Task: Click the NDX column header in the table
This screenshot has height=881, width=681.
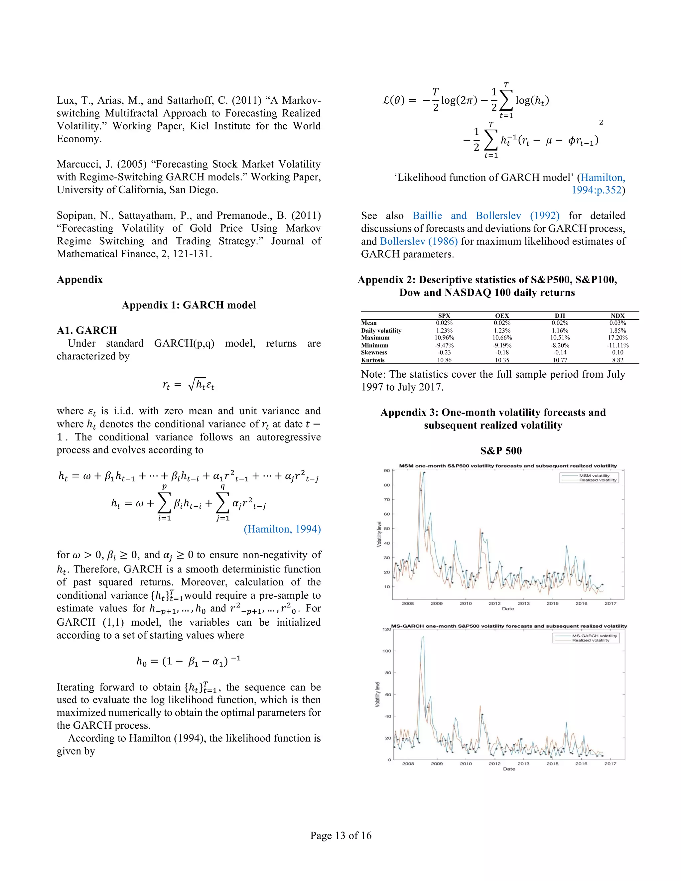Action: coord(617,316)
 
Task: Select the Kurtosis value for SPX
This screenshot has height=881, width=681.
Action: coord(444,360)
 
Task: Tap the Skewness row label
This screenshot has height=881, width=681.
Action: coord(374,352)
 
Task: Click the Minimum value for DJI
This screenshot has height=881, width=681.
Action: coord(560,345)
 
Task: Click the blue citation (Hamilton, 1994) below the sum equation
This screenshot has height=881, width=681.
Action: coord(282,529)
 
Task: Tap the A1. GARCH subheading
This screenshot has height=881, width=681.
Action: coord(87,330)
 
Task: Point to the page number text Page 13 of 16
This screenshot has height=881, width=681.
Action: coord(340,835)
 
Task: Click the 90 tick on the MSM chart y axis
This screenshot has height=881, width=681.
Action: coord(387,471)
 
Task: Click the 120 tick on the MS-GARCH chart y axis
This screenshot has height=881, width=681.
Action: coord(386,629)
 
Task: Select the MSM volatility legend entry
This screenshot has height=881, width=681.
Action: coord(594,476)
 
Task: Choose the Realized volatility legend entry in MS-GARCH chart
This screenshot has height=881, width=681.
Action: coord(591,640)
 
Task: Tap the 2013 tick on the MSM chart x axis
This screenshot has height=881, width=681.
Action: coord(524,603)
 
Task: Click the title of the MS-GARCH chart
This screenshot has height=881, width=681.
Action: coord(509,626)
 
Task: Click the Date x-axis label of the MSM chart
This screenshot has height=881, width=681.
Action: coord(508,609)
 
